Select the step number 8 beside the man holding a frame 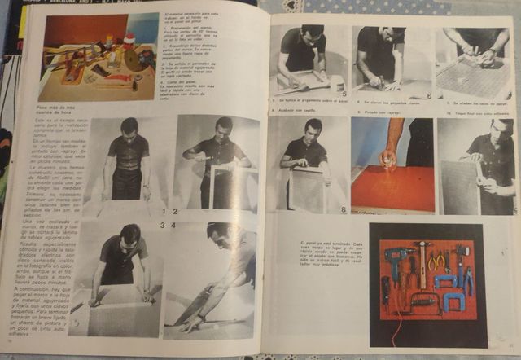pos(343,209)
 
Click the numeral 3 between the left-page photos pos(163,224)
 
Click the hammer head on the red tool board pos(422,245)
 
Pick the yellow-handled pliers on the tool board pos(440,262)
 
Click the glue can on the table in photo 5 pos(336,83)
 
